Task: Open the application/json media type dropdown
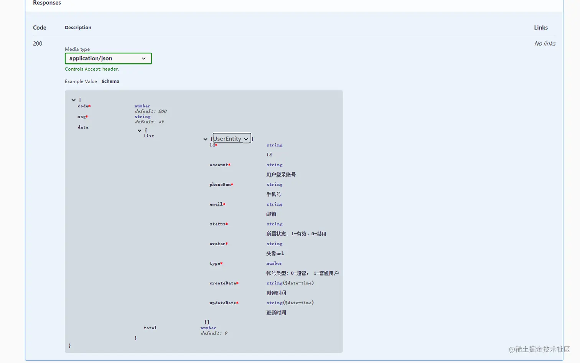(108, 58)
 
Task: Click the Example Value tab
(81, 81)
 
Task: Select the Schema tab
(110, 81)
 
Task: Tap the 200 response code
(38, 43)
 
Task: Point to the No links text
(545, 43)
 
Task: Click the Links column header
(540, 28)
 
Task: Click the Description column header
(78, 28)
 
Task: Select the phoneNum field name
(220, 185)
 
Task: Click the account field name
(219, 165)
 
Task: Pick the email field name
(216, 205)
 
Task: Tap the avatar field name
(217, 244)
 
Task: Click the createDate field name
(222, 283)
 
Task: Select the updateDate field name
(222, 303)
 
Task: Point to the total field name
(150, 328)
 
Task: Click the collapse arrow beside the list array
(205, 139)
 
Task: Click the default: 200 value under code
(151, 111)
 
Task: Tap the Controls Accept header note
(92, 69)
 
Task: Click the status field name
(217, 224)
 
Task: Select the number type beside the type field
(274, 264)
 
